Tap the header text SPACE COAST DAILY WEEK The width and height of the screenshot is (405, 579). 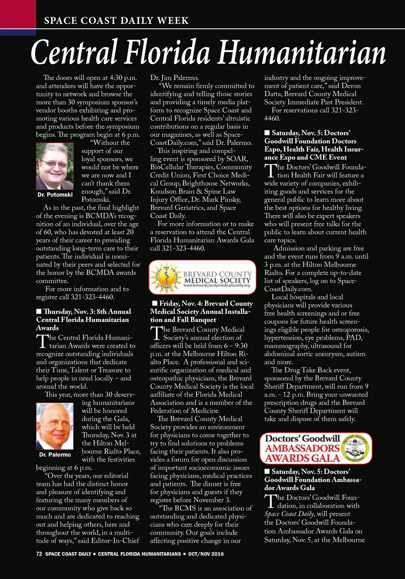click(x=116, y=21)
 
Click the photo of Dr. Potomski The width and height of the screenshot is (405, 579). click(x=55, y=166)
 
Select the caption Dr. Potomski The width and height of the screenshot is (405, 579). click(x=55, y=195)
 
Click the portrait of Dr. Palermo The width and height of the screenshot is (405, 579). click(x=55, y=426)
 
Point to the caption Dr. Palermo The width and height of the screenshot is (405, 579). click(x=55, y=455)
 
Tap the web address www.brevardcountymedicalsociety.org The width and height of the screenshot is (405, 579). click(x=217, y=285)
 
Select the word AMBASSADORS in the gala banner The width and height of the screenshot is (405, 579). click(x=303, y=448)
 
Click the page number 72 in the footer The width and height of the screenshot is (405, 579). click(x=39, y=554)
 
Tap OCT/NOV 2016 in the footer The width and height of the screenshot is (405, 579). click(x=206, y=554)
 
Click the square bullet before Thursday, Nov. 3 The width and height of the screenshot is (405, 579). click(x=39, y=311)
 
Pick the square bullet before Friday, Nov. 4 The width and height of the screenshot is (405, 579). click(x=155, y=304)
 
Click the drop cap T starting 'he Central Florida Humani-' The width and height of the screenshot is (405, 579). click(x=42, y=342)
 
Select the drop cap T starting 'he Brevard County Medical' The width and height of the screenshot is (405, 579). click(x=156, y=333)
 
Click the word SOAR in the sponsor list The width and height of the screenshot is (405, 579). click(x=237, y=159)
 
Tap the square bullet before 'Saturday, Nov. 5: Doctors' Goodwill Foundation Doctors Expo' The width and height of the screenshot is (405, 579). click(x=267, y=133)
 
